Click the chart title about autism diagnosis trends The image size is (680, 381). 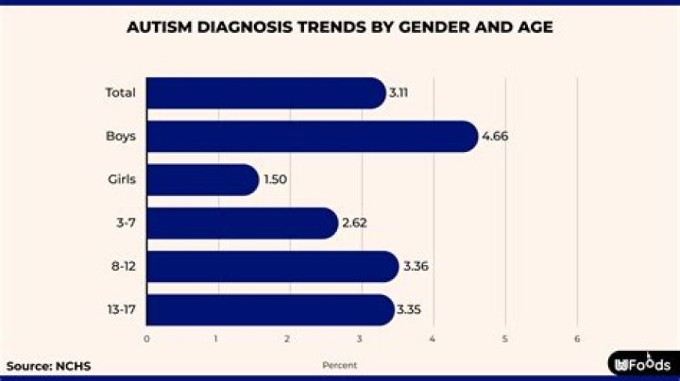point(340,27)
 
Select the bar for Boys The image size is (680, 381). point(312,136)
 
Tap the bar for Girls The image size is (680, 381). point(202,179)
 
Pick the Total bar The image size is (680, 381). point(265,93)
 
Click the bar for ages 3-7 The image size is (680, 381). point(242,223)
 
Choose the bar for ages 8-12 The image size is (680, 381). point(272,266)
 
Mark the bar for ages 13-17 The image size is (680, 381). point(270,309)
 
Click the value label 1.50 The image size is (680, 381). point(276,180)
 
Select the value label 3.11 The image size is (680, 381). point(399,93)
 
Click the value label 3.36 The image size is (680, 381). point(416,267)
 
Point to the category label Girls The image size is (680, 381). point(121,179)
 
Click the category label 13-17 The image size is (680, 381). point(121,309)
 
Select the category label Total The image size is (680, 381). point(121,93)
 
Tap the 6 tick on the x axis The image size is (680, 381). point(577,339)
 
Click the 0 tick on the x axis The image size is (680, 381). point(146,339)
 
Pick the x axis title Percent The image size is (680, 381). point(340,365)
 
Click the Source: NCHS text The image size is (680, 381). point(42,365)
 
